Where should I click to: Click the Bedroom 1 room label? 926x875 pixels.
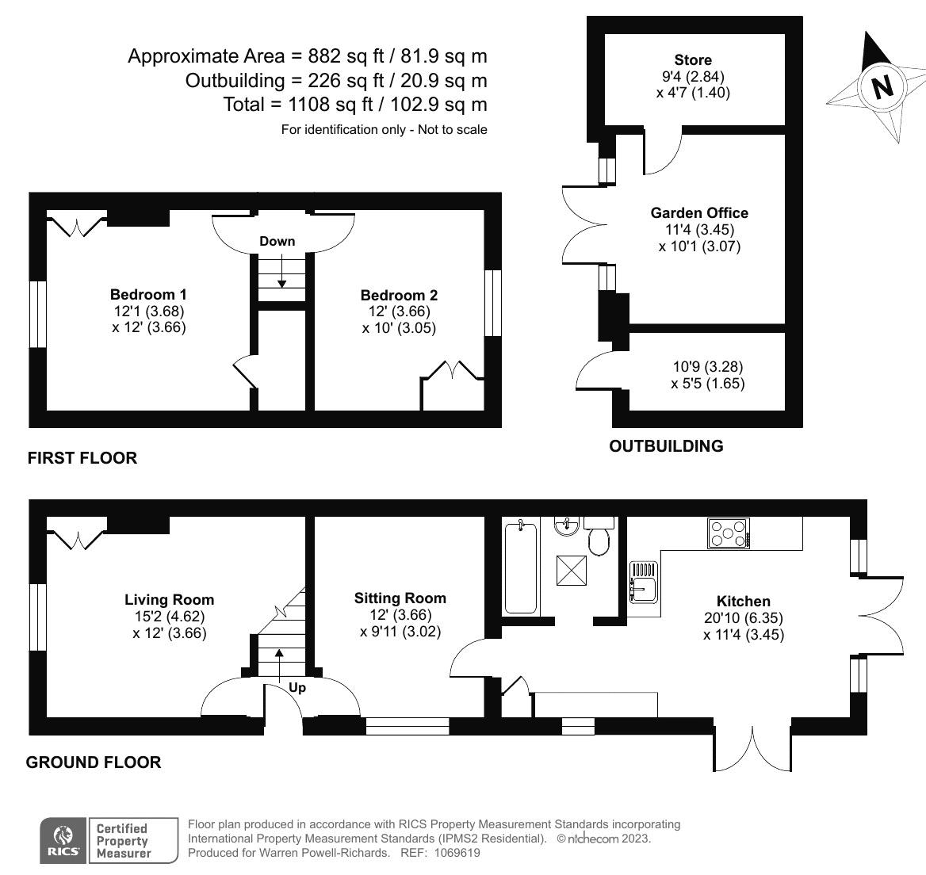point(148,294)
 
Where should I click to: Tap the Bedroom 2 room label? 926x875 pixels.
point(400,295)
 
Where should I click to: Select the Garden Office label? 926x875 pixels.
point(699,212)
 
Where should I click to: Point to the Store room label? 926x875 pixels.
point(693,59)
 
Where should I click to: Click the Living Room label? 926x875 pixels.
point(170,600)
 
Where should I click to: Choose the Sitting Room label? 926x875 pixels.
point(400,598)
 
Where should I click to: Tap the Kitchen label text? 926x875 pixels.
point(744,601)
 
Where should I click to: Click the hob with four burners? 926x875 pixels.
point(729,533)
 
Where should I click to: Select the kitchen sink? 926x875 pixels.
point(643,583)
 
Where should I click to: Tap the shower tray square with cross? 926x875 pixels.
point(572,571)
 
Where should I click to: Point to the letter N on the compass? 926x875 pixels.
point(882,87)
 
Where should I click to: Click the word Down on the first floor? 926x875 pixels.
point(277,241)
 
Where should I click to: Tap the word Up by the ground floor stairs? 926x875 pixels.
point(297,688)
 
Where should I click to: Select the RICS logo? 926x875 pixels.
point(63,840)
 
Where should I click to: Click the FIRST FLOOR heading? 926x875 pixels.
point(82,457)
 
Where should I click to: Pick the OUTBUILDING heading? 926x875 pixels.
point(666,445)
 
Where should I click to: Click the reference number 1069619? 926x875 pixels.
point(457,853)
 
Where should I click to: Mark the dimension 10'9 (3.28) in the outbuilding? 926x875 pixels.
point(708,367)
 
